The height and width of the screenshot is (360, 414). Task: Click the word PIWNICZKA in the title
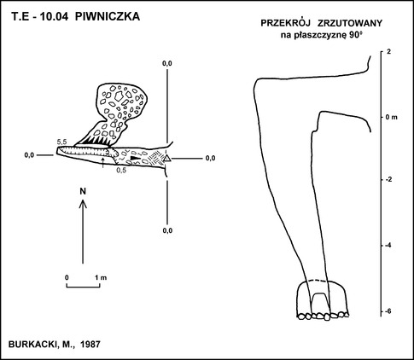pyautogui.click(x=108, y=17)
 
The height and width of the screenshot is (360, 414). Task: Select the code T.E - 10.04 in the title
pyautogui.click(x=40, y=17)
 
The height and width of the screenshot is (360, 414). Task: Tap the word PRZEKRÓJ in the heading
pyautogui.click(x=285, y=23)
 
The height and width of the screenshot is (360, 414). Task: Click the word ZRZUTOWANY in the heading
pyautogui.click(x=350, y=23)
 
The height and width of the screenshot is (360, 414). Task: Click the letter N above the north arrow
pyautogui.click(x=83, y=191)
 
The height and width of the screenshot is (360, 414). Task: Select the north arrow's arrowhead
pyautogui.click(x=83, y=203)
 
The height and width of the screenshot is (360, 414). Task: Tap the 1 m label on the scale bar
pyautogui.click(x=101, y=277)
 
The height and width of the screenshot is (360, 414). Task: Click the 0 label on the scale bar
pyautogui.click(x=67, y=277)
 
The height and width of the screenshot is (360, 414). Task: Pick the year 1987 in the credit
pyautogui.click(x=90, y=345)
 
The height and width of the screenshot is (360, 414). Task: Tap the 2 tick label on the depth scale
pyautogui.click(x=388, y=52)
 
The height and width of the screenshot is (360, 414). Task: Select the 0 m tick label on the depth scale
pyautogui.click(x=392, y=117)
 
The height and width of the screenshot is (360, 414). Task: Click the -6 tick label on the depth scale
pyautogui.click(x=388, y=311)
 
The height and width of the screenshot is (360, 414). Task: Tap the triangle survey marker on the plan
pyautogui.click(x=167, y=159)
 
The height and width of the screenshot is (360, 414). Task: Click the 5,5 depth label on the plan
pyautogui.click(x=61, y=142)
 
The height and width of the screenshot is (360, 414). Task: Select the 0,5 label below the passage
pyautogui.click(x=122, y=170)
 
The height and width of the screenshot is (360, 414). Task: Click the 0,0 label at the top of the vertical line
pyautogui.click(x=167, y=64)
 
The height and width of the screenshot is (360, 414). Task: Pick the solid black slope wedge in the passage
pyautogui.click(x=135, y=158)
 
